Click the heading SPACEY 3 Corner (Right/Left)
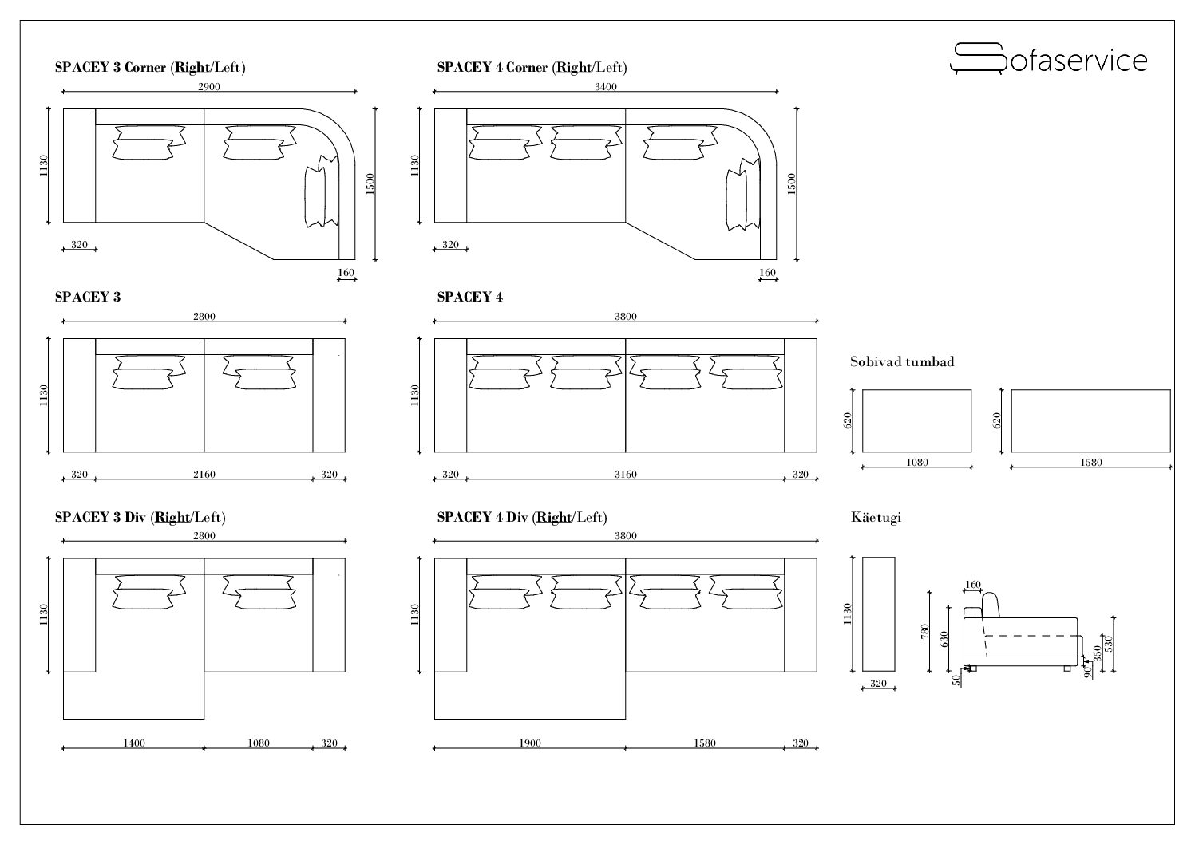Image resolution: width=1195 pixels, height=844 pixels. point(150,67)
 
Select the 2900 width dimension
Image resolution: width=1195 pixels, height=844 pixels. point(209,86)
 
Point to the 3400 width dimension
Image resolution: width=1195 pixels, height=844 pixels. point(606,86)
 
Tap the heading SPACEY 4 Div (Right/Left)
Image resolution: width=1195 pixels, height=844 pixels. point(522,517)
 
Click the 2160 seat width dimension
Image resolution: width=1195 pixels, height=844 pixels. point(204,474)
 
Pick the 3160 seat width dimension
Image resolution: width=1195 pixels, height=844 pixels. point(625,474)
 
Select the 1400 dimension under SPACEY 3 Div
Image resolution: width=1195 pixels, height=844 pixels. point(134,743)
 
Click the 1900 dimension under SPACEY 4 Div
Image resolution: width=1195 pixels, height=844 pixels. point(530,743)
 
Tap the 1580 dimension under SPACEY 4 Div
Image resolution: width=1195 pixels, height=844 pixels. point(704,743)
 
